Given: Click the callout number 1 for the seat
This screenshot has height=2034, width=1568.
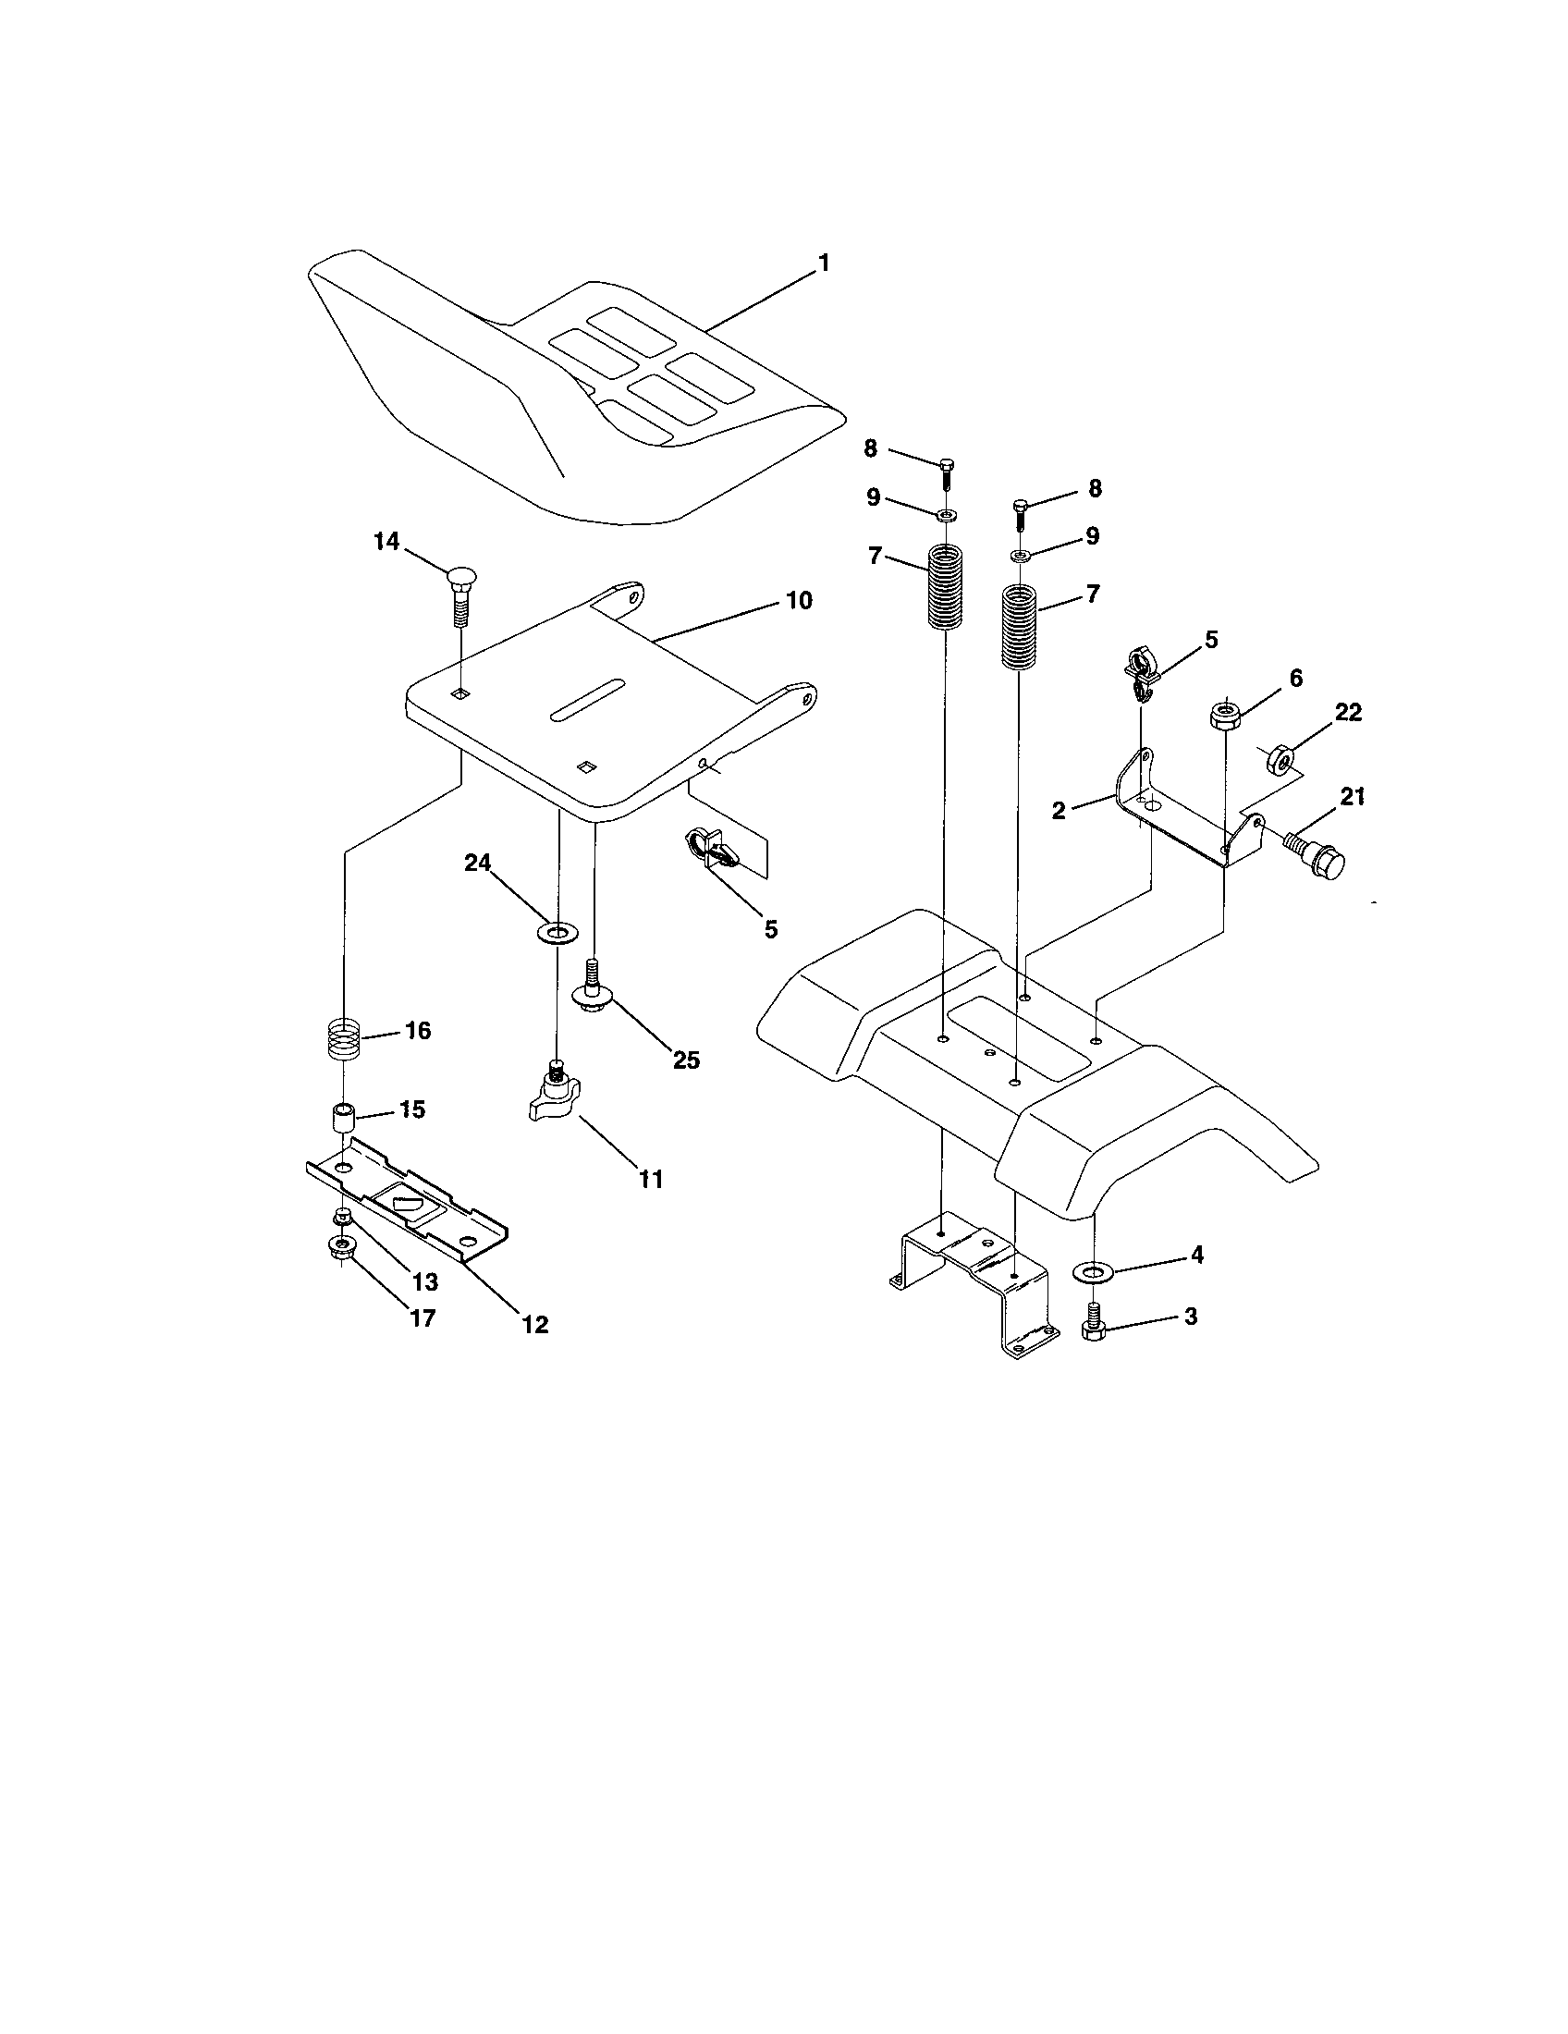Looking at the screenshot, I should pos(823,263).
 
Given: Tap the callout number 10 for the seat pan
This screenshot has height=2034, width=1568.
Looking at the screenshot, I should pos(799,601).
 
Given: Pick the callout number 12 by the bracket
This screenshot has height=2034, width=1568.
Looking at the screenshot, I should pos(535,1323).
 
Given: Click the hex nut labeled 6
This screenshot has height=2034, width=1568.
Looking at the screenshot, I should pos(1223,716).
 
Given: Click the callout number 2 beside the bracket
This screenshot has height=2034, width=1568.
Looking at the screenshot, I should pos(1059,810).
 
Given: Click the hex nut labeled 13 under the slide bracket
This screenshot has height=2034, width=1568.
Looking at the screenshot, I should pos(343,1216).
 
